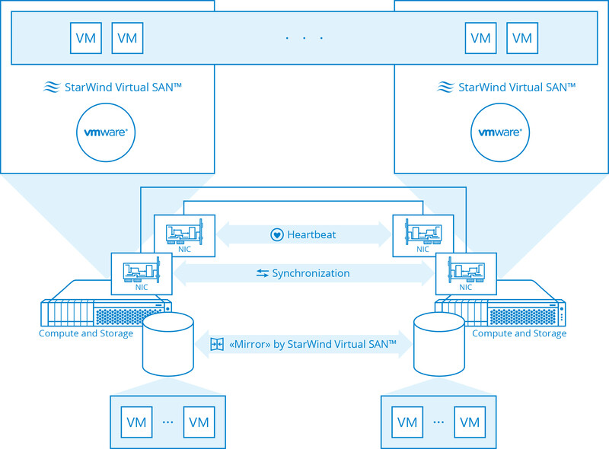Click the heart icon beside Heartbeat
point(277,234)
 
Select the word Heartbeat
point(311,234)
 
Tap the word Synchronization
point(311,273)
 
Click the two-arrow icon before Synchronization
point(263,273)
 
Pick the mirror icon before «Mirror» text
point(217,345)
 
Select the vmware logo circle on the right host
point(500,132)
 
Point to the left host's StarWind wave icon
point(51,88)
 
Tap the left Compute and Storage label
point(86,333)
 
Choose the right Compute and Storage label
point(519,333)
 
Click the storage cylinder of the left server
point(167,344)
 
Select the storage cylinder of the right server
point(439,344)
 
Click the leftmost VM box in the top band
point(86,38)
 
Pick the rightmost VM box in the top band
point(521,38)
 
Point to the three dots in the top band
point(304,38)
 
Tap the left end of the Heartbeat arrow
point(221,234)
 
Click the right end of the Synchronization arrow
point(430,273)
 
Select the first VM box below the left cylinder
point(136,422)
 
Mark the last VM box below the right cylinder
point(470,422)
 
